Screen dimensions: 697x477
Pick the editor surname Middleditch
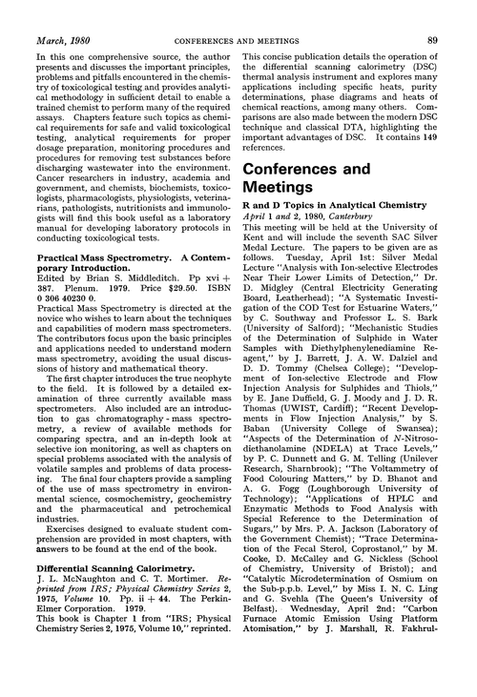click(x=145, y=283)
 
